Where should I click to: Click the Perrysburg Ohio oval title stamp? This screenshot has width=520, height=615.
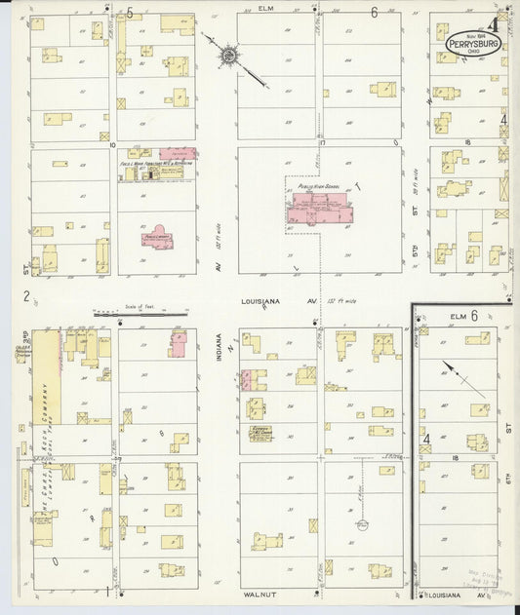point(471,43)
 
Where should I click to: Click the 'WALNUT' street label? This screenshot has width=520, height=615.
point(259,592)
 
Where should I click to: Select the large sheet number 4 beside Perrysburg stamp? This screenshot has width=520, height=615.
point(496,25)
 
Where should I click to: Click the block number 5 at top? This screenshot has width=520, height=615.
point(130,12)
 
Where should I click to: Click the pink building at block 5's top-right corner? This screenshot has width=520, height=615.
point(179,343)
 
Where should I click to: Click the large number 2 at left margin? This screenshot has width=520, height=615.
point(27,296)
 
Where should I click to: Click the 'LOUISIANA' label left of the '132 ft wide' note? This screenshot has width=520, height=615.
point(261,302)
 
